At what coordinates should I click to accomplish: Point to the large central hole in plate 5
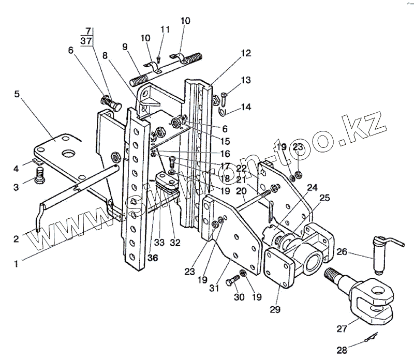tap(68, 154)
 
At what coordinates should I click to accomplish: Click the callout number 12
tap(245, 53)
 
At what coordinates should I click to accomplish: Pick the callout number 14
tap(245, 108)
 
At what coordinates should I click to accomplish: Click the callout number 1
tap(17, 263)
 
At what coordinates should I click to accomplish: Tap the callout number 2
tap(17, 238)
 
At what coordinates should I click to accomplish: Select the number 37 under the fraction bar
tap(87, 41)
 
